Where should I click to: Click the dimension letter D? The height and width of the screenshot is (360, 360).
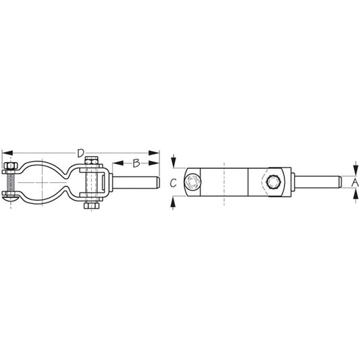coord(80,153)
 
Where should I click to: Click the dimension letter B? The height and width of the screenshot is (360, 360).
coord(136,163)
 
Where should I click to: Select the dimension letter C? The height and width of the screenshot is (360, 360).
coord(173,182)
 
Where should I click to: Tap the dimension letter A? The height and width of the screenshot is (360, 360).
coord(355,181)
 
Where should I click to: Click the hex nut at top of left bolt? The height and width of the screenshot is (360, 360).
coord(11,165)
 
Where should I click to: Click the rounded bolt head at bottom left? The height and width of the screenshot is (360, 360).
coord(11,197)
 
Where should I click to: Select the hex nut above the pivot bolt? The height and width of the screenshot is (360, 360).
coord(93,163)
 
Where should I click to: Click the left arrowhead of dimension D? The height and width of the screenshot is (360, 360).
coord(5,153)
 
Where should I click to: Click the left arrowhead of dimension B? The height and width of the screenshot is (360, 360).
coord(115,163)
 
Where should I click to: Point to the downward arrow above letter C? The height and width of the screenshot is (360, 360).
coord(174,162)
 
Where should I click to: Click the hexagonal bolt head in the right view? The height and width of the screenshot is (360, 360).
coord(274,182)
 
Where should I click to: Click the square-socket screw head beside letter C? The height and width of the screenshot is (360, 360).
coord(193,182)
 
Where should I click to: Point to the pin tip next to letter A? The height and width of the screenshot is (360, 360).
coord(334,181)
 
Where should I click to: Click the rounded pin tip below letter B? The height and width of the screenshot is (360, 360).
coord(155,182)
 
